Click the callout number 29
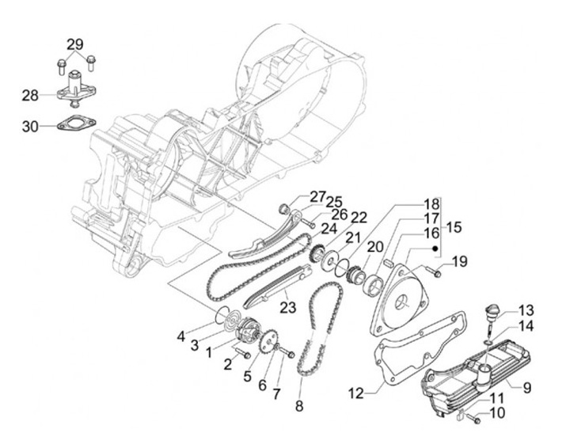click(74, 43)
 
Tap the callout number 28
click(30, 96)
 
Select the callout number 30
click(30, 126)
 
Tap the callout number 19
click(460, 260)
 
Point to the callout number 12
click(355, 393)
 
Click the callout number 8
click(298, 406)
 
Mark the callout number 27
click(295, 196)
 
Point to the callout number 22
click(359, 218)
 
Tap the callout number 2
click(228, 363)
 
